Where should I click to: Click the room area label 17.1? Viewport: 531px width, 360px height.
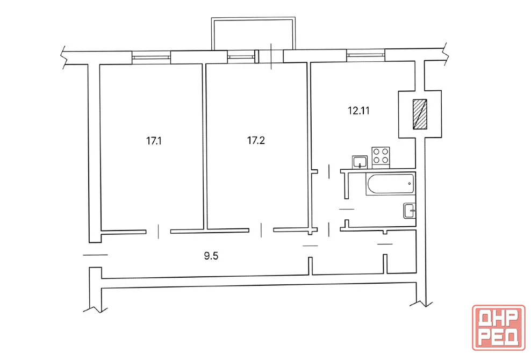click(x=154, y=141)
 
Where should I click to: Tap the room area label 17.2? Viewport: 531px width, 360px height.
click(x=256, y=140)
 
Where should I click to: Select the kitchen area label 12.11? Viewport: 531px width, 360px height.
click(x=358, y=111)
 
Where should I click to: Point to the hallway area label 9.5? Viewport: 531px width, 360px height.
click(x=211, y=256)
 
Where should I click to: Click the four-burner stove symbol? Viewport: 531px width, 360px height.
click(x=381, y=157)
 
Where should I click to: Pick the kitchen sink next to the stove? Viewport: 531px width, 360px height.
click(x=360, y=162)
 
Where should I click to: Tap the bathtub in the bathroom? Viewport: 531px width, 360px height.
click(x=390, y=184)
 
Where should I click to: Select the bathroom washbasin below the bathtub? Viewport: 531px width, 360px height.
click(x=410, y=211)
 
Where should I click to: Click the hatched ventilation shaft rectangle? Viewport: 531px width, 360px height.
click(x=420, y=114)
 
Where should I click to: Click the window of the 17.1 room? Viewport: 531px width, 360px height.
click(x=151, y=57)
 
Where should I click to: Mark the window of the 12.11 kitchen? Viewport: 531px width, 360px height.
click(x=366, y=55)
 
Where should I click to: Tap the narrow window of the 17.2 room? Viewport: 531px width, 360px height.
click(x=241, y=57)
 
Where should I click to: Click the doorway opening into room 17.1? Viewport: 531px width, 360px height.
click(x=158, y=232)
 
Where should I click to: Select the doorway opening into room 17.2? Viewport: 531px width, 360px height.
click(x=261, y=231)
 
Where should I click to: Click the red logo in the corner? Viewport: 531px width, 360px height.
click(x=499, y=327)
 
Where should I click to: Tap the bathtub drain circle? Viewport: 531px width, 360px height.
click(x=410, y=184)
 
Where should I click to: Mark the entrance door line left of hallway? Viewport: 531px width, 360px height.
click(x=95, y=255)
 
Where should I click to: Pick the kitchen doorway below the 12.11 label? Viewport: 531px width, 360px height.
click(x=329, y=171)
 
